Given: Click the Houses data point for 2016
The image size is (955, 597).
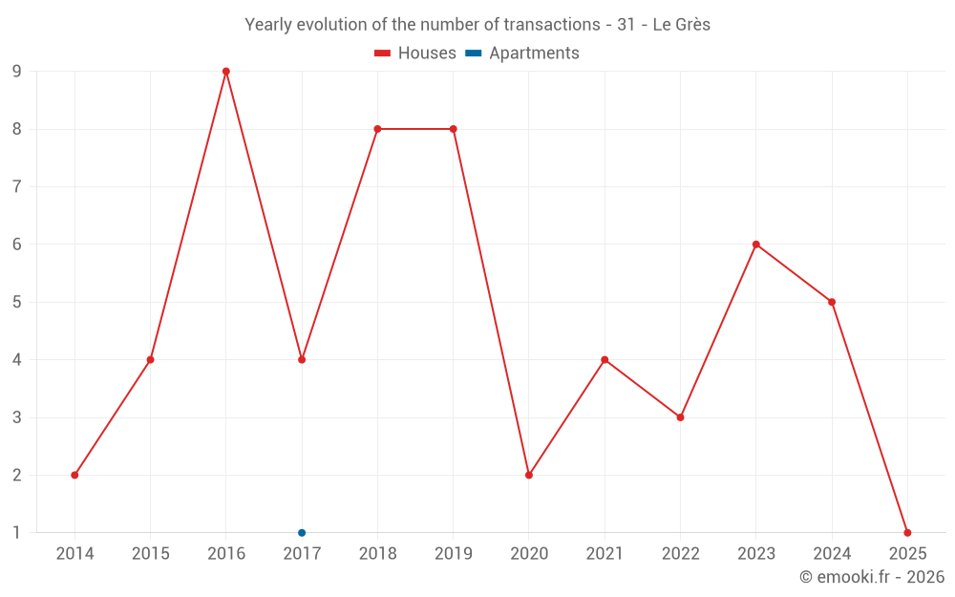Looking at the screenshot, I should point(226,72).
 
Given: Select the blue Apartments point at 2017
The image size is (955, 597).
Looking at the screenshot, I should point(302,533).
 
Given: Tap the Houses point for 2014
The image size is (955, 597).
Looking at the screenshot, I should point(74,475).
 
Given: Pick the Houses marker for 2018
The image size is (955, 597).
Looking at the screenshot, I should point(377,129).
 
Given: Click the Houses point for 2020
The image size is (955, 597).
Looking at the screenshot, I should point(529,475).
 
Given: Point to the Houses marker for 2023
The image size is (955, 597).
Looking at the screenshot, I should point(756,245).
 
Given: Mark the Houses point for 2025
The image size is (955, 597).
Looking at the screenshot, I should point(907,533).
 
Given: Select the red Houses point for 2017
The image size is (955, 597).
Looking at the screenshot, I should point(302,360).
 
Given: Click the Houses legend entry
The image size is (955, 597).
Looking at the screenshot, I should point(415,53).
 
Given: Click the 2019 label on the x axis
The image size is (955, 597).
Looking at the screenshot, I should point(454,554).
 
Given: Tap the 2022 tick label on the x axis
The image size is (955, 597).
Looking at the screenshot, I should point(680,554).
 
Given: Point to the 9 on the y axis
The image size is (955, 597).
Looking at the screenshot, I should point(16,72).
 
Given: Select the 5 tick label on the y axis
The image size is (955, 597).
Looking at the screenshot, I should point(16,302).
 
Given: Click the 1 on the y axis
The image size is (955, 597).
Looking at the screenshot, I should point(16,533).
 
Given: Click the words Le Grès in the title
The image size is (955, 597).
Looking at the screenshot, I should point(681,25).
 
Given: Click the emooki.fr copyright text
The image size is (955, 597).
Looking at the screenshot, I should point(872,577).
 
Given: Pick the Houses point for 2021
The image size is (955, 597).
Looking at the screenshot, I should point(605,360).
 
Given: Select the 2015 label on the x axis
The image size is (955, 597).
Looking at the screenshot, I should point(151,554).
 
